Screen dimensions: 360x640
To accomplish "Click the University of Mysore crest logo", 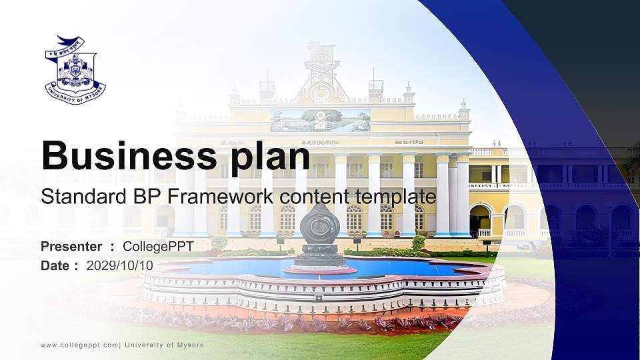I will [75, 70].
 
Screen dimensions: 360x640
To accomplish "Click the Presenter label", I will [71, 247].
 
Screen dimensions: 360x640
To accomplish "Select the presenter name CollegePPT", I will [158, 247].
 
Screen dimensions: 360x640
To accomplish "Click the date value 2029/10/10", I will [120, 265].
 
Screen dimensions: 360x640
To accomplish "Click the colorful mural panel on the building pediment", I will [320, 121].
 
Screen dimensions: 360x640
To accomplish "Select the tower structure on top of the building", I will [321, 63].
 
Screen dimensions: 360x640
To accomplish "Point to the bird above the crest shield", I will [71, 41].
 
